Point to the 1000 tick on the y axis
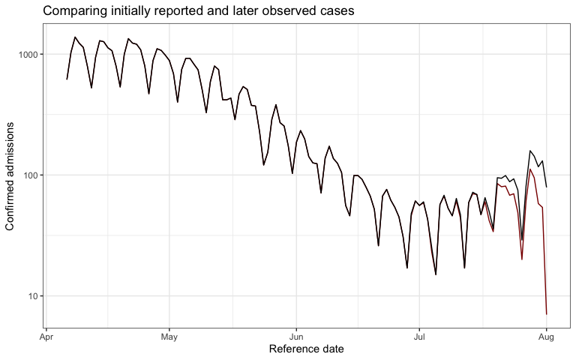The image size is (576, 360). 28,55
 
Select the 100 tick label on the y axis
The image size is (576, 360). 30,175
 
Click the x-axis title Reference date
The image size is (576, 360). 306,349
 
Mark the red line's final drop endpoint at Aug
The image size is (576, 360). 547,313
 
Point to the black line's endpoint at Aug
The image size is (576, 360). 547,187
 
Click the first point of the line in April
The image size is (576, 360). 67,79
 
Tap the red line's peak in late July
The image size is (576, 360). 530,169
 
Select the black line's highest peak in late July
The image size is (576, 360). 530,151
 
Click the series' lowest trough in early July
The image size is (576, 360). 436,274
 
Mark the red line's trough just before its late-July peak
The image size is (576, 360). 522,259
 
